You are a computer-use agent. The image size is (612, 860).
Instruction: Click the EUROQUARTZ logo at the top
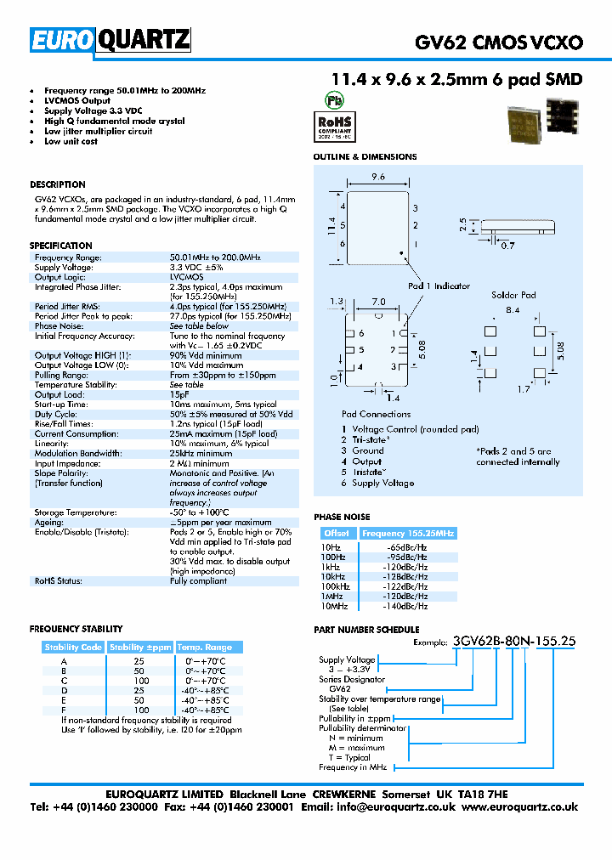(110, 40)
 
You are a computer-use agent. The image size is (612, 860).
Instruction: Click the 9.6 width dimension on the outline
(378, 178)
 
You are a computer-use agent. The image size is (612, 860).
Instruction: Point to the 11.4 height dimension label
(328, 225)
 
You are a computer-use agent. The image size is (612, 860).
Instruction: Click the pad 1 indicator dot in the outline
(399, 252)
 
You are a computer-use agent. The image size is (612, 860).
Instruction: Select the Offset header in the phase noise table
(336, 533)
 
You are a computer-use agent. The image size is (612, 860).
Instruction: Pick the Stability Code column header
(73, 648)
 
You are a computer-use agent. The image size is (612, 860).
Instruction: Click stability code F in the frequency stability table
(64, 710)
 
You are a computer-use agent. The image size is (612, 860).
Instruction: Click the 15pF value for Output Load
(179, 394)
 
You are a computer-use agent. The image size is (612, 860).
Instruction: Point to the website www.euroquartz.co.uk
(520, 807)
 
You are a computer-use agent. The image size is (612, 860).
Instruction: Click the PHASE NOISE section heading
(342, 517)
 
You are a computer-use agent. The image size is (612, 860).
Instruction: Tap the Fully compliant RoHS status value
(198, 581)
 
